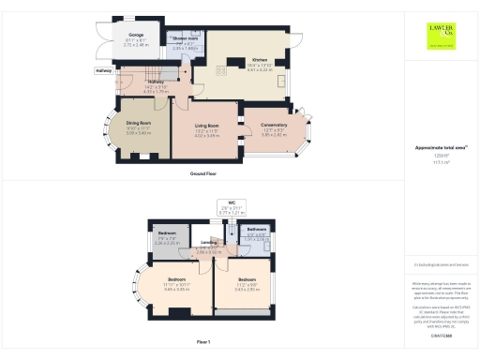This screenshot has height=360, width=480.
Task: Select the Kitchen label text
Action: (x=260, y=60)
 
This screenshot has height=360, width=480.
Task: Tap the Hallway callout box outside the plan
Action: (x=103, y=71)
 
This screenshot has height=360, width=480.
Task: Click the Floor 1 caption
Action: (x=203, y=342)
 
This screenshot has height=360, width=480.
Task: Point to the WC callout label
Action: (x=231, y=202)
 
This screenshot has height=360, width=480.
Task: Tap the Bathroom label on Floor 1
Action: (x=257, y=230)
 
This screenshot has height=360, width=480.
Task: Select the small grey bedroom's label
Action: (x=167, y=233)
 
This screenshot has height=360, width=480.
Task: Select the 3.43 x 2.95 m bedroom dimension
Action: (x=247, y=288)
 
